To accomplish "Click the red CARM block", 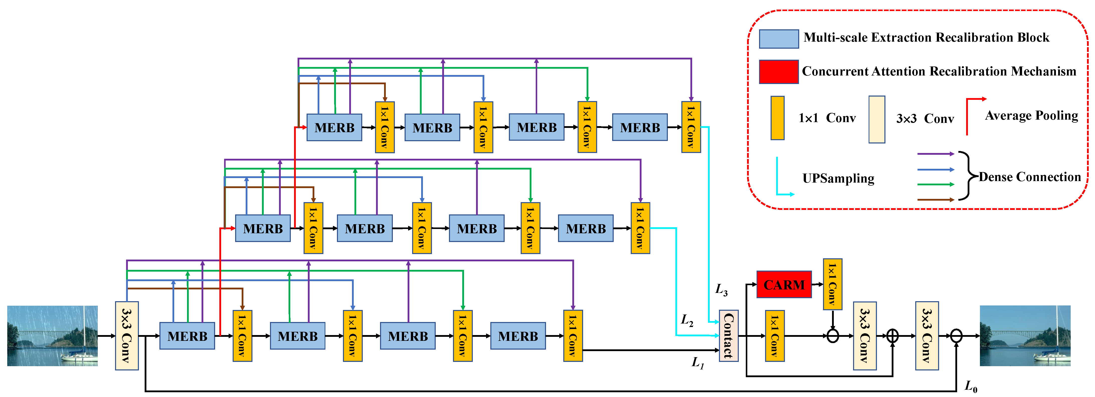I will tap(784, 284).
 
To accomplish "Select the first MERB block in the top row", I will tap(334, 127).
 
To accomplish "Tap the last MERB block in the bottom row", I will tap(518, 336).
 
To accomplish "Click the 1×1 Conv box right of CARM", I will tap(832, 284).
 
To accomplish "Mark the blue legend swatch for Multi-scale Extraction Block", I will tap(779, 39).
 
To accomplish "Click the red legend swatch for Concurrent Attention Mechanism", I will tap(779, 71).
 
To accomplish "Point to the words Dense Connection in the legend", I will tap(1030, 177).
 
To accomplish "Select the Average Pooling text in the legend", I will tap(1031, 116).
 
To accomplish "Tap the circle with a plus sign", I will tap(892, 336).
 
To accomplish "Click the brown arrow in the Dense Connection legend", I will tap(935, 199).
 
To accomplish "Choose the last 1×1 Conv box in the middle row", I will tap(640, 228).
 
